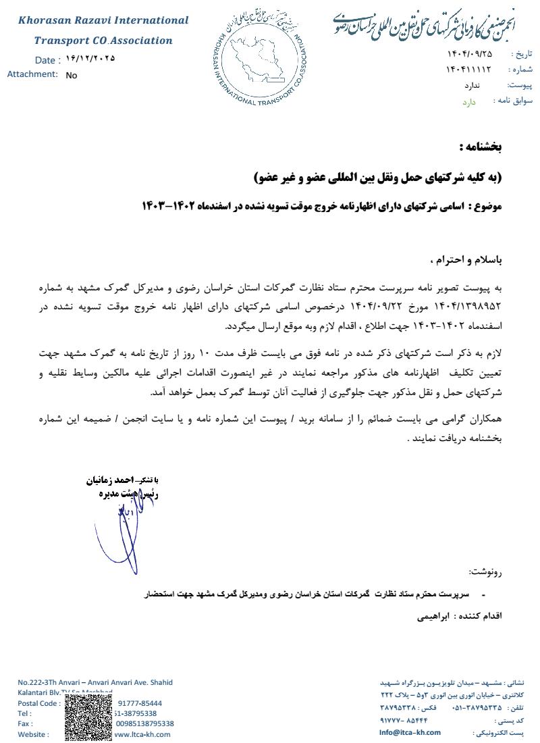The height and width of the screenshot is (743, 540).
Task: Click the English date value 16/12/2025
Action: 90,59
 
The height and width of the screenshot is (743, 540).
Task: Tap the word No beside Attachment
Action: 72,76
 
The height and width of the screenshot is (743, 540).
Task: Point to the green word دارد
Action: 469,102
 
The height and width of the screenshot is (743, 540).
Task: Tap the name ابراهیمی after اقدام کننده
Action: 432,617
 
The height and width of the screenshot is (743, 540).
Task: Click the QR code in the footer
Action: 88,718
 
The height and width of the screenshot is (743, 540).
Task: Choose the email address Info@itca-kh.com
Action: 410,732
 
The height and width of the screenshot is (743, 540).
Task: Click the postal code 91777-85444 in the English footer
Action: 140,703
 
